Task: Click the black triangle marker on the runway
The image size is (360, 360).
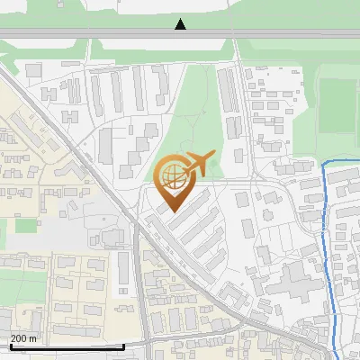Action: [x=180, y=24]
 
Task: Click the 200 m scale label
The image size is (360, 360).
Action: [x=23, y=338]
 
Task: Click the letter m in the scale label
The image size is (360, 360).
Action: [x=32, y=338]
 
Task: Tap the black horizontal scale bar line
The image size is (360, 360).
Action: [x=67, y=346]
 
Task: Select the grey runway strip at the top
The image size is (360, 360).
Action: [x=90, y=33]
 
